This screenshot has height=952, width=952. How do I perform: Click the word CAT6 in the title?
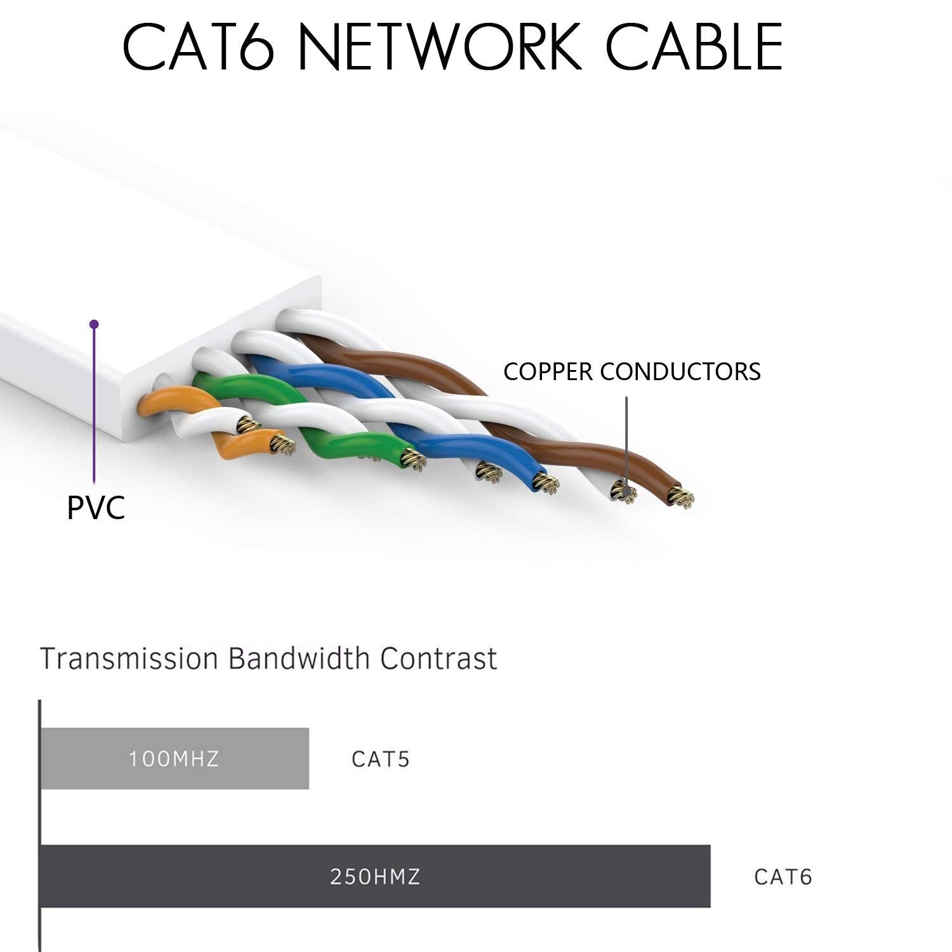tap(198, 48)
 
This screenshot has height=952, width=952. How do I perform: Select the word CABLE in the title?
tap(694, 48)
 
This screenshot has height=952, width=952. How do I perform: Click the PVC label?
tap(96, 508)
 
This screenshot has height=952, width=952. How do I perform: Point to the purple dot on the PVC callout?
tap(95, 324)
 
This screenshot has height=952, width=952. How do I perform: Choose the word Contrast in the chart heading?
tap(439, 659)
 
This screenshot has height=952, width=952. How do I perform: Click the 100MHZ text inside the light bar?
tap(174, 759)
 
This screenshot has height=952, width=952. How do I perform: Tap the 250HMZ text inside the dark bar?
tap(375, 877)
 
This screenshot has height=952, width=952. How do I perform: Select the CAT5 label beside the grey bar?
tap(381, 759)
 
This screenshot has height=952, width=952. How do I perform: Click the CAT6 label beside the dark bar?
tap(783, 877)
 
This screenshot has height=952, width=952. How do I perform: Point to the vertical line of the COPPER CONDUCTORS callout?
tap(626, 438)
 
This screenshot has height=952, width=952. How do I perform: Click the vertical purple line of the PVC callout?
tap(94, 406)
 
